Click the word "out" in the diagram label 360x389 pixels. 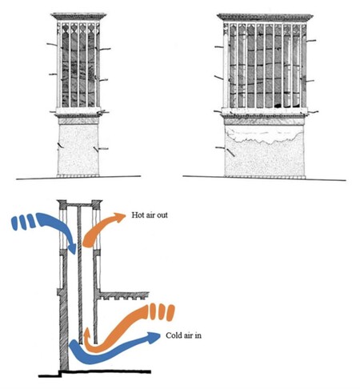[x=162, y=215]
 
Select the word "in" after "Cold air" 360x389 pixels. [x=198, y=335]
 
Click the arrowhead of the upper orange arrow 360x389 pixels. [x=119, y=216]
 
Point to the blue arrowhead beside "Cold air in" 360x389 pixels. [x=154, y=338]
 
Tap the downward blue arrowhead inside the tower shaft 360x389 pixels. [x=72, y=248]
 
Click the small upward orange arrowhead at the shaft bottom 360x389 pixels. [x=86, y=333]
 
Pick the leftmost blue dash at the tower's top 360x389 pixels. [x=15, y=223]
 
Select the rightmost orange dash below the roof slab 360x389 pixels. [x=170, y=313]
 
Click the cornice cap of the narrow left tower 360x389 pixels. [x=78, y=16]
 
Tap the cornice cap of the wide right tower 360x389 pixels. [x=265, y=17]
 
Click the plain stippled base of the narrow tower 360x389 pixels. [x=78, y=150]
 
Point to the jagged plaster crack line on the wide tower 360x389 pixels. [x=264, y=139]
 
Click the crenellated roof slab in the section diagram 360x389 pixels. [x=124, y=295]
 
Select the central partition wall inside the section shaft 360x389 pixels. [x=79, y=275]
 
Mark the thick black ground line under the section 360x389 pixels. [x=94, y=373]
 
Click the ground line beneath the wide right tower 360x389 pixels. [x=265, y=178]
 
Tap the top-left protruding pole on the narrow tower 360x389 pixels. [x=52, y=44]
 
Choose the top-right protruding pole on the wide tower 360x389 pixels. [x=311, y=41]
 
